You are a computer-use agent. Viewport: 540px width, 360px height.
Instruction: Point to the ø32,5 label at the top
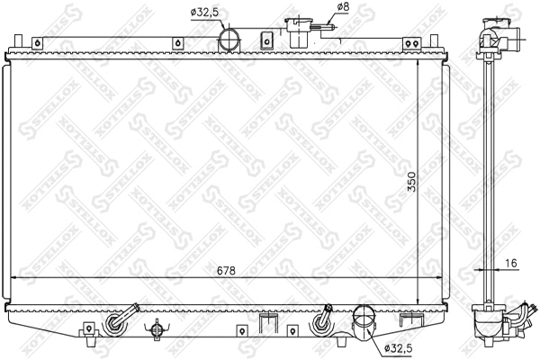point(204,12)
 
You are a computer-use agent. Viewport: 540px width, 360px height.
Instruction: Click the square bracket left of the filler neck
point(266,40)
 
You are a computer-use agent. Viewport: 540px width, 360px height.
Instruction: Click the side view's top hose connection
point(500,36)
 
